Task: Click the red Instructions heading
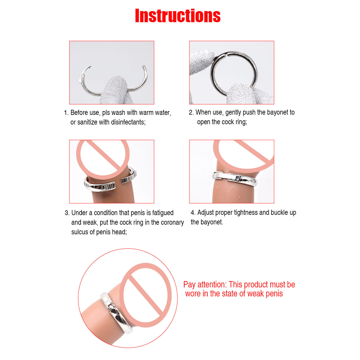coord(178,16)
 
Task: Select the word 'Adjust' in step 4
coord(205,213)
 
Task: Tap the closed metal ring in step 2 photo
coord(234,73)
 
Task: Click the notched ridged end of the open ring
coord(108,186)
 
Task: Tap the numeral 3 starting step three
coord(66,213)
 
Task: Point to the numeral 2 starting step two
coord(190,112)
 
